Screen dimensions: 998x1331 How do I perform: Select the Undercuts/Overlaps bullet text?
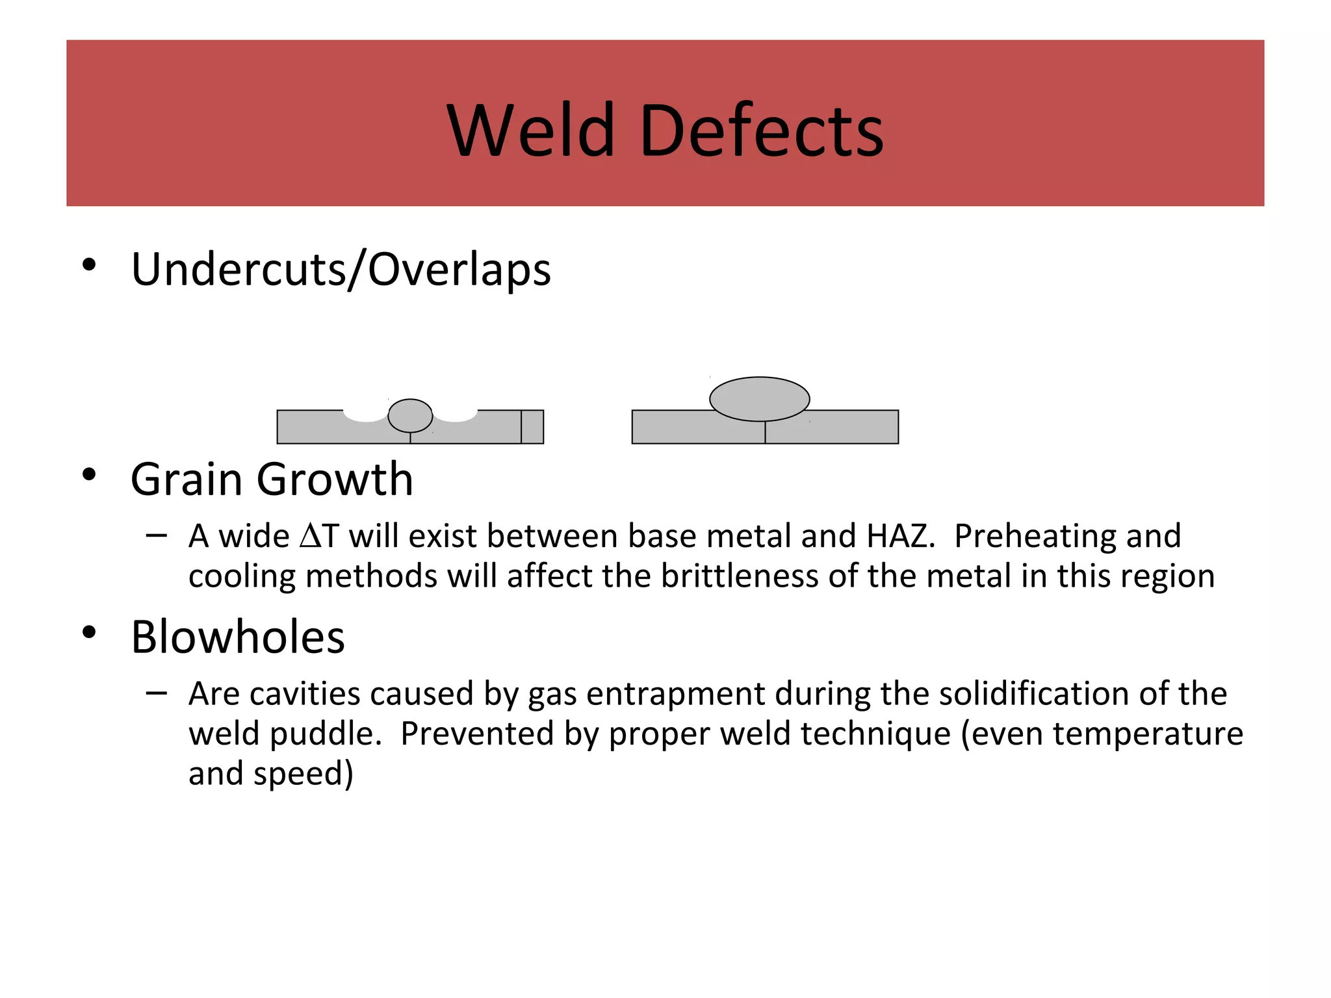[x=341, y=269]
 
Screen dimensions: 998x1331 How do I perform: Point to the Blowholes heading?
[x=238, y=637]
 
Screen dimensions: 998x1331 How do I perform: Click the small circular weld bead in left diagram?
[x=410, y=415]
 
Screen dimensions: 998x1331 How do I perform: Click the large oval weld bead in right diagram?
[x=759, y=398]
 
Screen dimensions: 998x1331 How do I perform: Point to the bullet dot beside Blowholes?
[x=89, y=632]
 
